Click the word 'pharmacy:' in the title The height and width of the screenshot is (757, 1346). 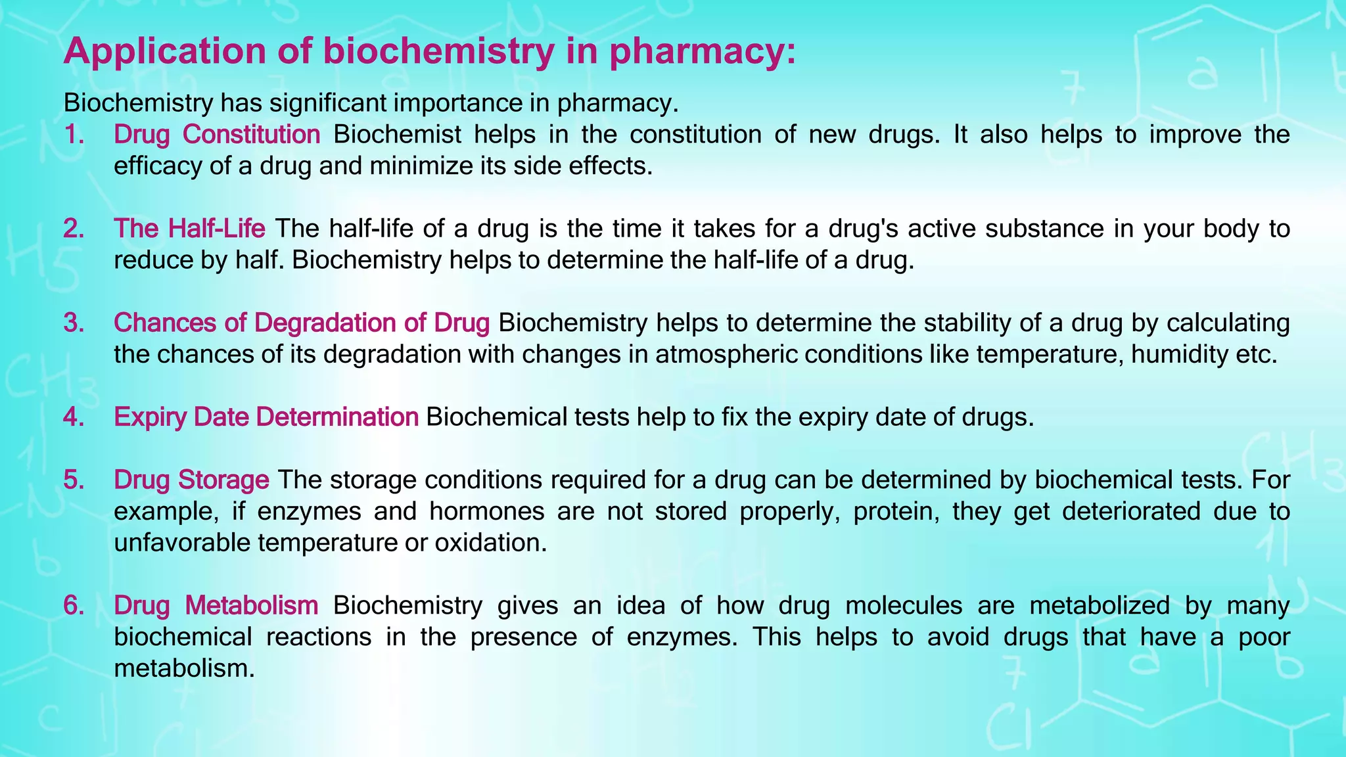pos(703,51)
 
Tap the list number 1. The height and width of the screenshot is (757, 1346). pos(74,135)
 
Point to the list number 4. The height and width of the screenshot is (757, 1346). pos(74,417)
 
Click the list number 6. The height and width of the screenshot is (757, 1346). pos(74,605)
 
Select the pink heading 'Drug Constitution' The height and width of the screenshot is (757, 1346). pos(217,135)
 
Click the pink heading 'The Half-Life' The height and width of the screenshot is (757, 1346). pos(189,229)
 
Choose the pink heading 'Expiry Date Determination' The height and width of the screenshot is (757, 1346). pos(266,417)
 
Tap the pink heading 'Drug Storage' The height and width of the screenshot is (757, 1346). pos(191,480)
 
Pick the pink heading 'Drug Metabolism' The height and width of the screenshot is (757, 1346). pos(216,605)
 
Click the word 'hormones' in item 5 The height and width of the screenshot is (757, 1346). pos(487,511)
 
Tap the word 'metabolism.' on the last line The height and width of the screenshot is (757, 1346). pos(184,668)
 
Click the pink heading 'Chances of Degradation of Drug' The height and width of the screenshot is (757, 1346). pos(302,323)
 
